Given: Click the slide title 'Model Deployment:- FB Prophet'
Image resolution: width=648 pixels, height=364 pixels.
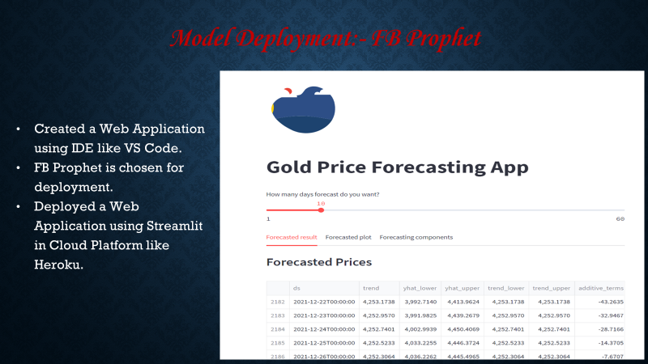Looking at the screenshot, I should [326, 38].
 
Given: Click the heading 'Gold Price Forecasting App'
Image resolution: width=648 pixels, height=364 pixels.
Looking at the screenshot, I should [397, 167].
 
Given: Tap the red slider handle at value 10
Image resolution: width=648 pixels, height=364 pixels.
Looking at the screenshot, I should [321, 210].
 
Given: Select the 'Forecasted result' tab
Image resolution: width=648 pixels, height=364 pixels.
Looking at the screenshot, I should [292, 237].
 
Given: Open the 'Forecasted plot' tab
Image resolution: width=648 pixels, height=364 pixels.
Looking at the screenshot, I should [348, 237].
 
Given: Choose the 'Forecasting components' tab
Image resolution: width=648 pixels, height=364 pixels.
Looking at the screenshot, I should [416, 237].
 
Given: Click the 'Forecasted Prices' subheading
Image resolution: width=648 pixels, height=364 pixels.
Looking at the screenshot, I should [318, 262].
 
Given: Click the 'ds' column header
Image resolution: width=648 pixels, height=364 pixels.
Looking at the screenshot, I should [297, 287].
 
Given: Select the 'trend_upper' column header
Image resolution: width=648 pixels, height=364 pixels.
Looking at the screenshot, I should [552, 287].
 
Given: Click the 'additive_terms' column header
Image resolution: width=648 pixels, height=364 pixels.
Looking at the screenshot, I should [602, 287].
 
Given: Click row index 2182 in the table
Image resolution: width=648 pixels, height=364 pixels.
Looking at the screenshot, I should [278, 301].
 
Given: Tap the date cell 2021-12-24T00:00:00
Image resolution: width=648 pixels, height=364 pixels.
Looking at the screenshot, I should [324, 328].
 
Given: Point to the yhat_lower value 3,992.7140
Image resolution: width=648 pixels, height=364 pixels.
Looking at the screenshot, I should [420, 301].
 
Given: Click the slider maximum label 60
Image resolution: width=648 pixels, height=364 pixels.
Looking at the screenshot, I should [620, 218].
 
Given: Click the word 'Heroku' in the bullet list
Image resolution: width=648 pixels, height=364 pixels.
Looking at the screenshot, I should [58, 265].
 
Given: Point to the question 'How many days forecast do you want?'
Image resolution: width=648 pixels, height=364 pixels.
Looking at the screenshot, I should [322, 194].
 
